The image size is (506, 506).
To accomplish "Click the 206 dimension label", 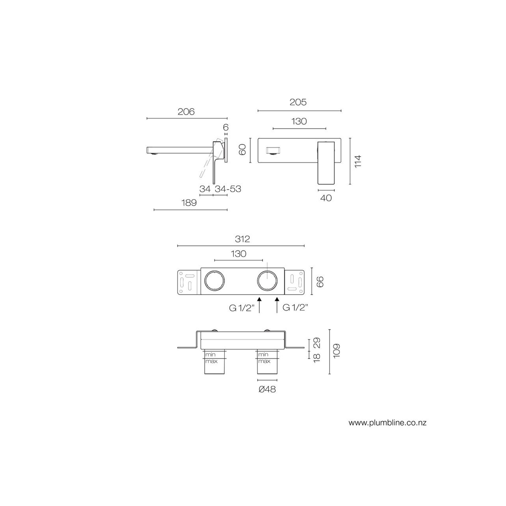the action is pyautogui.click(x=186, y=112).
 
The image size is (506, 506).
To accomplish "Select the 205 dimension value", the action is pyautogui.click(x=298, y=102).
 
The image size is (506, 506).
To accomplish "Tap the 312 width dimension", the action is pyautogui.click(x=242, y=239).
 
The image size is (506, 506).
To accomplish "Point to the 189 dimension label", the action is pyautogui.click(x=189, y=203).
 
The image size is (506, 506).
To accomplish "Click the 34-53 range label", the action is pyautogui.click(x=228, y=189).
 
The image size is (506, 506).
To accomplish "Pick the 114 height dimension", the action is pyautogui.click(x=357, y=161).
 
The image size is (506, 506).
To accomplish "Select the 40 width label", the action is pyautogui.click(x=326, y=198).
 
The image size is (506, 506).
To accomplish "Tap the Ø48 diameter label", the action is pyautogui.click(x=267, y=389).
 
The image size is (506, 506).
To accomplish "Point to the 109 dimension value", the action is pyautogui.click(x=337, y=351).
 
